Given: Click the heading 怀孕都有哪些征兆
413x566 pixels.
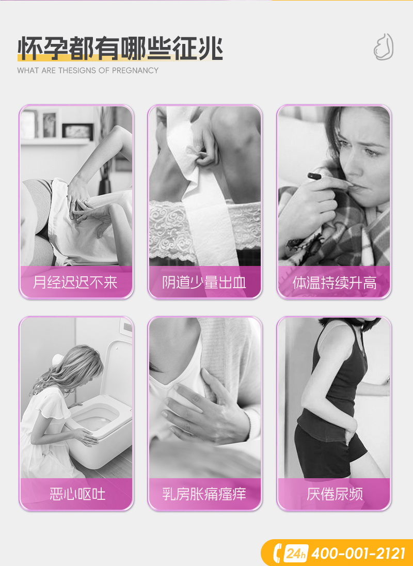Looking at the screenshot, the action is [120, 49].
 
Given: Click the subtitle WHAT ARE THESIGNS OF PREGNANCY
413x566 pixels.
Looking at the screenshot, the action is [88, 70].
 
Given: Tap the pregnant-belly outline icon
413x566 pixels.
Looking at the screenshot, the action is [384, 47].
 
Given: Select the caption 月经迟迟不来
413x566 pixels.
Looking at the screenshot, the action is [75, 282].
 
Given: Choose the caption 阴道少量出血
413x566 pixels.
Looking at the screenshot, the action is [204, 282].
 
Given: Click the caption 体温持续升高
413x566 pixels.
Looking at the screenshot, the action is [335, 282].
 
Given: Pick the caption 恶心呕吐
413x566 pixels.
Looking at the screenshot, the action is [77, 494].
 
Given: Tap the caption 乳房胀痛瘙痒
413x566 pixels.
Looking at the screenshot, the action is [204, 494].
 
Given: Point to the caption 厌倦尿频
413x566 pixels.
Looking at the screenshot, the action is [335, 494].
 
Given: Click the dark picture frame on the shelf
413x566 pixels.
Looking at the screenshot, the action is [77, 131].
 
